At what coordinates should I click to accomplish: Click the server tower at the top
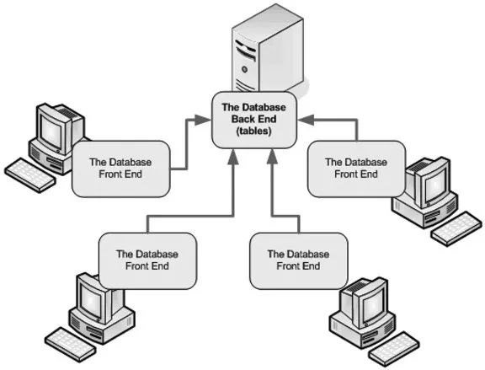point(268,50)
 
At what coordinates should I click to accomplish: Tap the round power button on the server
point(245,69)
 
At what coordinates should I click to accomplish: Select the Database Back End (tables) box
point(254,120)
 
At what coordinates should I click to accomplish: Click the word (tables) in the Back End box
point(253,131)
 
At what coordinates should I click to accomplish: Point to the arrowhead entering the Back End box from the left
point(202,120)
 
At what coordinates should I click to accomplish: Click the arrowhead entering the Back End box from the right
point(306,120)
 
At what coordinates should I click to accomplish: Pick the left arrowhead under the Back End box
point(233,157)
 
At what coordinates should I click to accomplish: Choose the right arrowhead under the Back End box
point(273,157)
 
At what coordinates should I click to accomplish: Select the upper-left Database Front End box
point(121,169)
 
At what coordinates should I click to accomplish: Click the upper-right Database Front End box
point(356,169)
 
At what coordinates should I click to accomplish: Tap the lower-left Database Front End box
point(147,260)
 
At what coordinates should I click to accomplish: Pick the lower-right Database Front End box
point(298,260)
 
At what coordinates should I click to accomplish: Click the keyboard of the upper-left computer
point(30,175)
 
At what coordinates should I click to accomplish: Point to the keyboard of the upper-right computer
point(456,228)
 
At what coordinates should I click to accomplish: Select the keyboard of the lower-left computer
point(70,345)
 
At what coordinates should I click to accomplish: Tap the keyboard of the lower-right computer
point(395,349)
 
